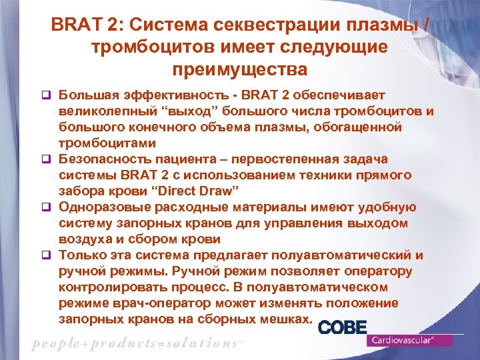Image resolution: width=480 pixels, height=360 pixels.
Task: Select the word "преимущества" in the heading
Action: tap(240, 69)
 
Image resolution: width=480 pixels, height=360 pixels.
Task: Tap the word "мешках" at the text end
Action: tap(289, 319)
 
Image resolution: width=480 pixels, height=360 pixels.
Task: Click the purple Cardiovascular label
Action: tap(410, 340)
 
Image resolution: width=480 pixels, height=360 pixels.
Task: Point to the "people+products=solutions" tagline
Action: tap(133, 343)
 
